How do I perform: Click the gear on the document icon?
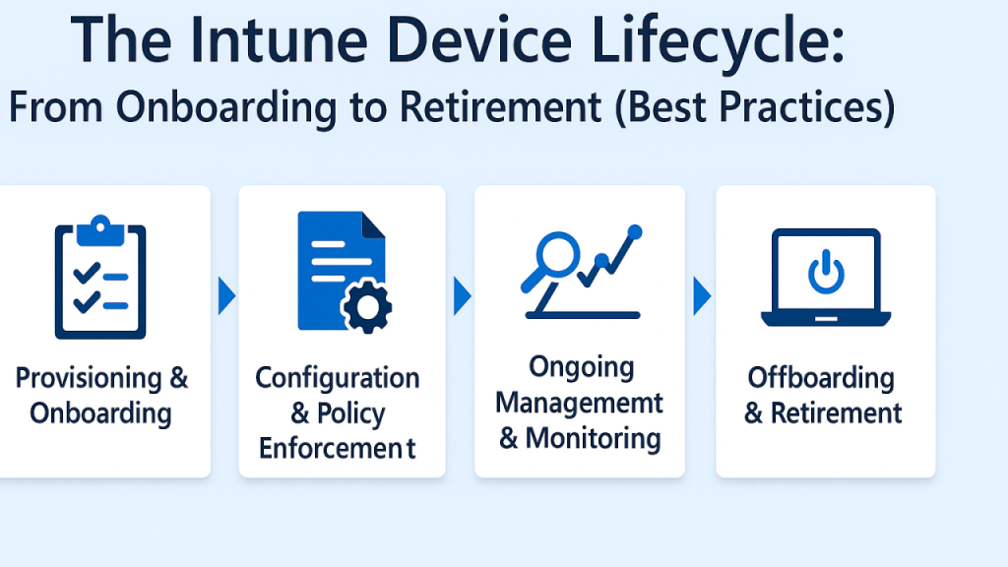coord(365,308)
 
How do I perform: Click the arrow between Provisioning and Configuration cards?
coord(225,293)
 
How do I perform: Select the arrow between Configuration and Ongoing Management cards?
coord(461,293)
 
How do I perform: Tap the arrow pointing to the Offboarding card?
coord(701,293)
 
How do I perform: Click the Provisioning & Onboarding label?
coord(101,395)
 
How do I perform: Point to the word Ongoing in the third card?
coord(581,367)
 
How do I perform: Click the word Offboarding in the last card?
coord(820,377)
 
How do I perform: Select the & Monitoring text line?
coord(579,438)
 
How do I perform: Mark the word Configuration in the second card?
coord(338,378)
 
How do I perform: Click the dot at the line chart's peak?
coord(634,232)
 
